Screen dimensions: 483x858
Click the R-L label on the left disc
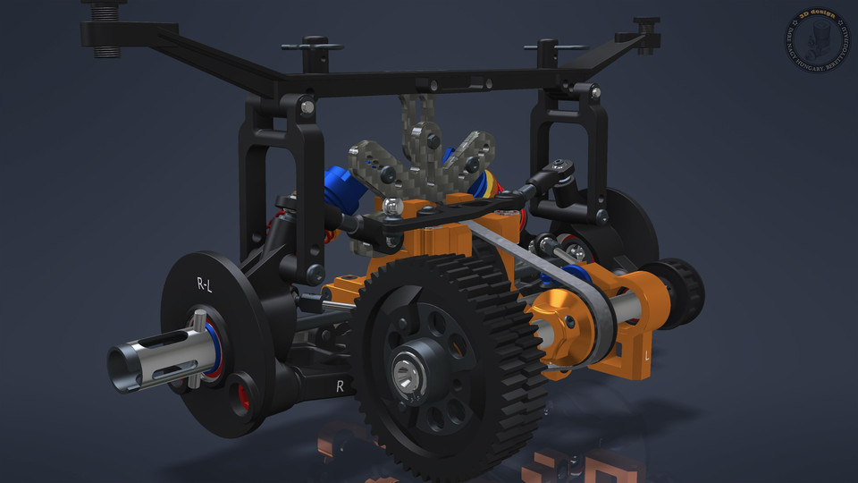204,285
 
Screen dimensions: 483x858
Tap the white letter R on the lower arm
340,386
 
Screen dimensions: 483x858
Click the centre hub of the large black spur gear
409,368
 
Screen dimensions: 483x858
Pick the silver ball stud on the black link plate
395,208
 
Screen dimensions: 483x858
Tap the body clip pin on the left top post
312,46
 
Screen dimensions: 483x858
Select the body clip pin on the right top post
550,44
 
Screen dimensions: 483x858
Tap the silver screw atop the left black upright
307,106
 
